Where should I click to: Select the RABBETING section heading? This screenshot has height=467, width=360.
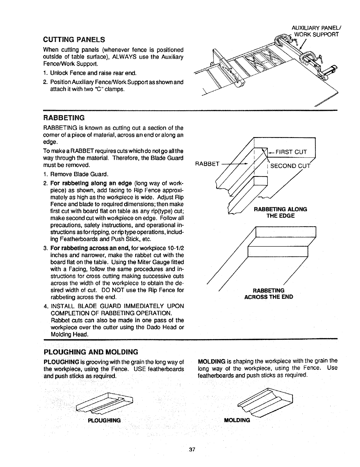click(x=64, y=118)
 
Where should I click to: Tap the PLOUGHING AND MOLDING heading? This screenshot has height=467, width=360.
click(x=91, y=352)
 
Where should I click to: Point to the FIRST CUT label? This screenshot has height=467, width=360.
click(x=292, y=152)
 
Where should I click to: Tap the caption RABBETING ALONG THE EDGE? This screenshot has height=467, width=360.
click(x=280, y=212)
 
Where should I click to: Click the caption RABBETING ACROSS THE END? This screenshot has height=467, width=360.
click(x=269, y=294)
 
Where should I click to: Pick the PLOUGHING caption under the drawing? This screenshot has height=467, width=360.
click(x=104, y=420)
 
